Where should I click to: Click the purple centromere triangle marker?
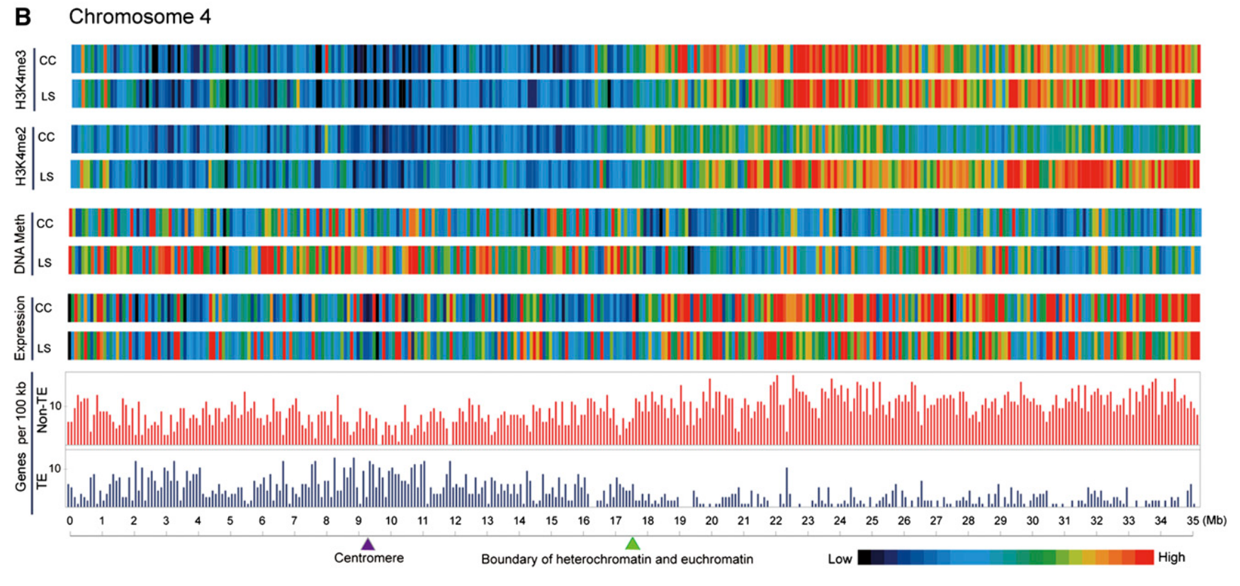point(367,544)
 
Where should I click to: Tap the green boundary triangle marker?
point(633,543)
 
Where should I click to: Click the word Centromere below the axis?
point(369,558)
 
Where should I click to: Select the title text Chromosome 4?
point(140,17)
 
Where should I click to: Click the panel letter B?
point(23,17)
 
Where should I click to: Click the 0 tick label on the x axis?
point(69,521)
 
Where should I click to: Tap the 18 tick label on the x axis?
point(648,521)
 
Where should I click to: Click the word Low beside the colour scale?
point(840,558)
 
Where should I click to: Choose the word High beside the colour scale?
point(1171,557)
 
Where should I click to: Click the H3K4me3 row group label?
point(21,79)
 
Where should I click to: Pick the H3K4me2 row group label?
point(21,157)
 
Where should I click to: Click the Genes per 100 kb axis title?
point(21,436)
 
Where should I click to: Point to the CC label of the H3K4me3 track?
point(47,61)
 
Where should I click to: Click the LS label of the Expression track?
point(44,349)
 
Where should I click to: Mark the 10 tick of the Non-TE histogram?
point(56,406)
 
